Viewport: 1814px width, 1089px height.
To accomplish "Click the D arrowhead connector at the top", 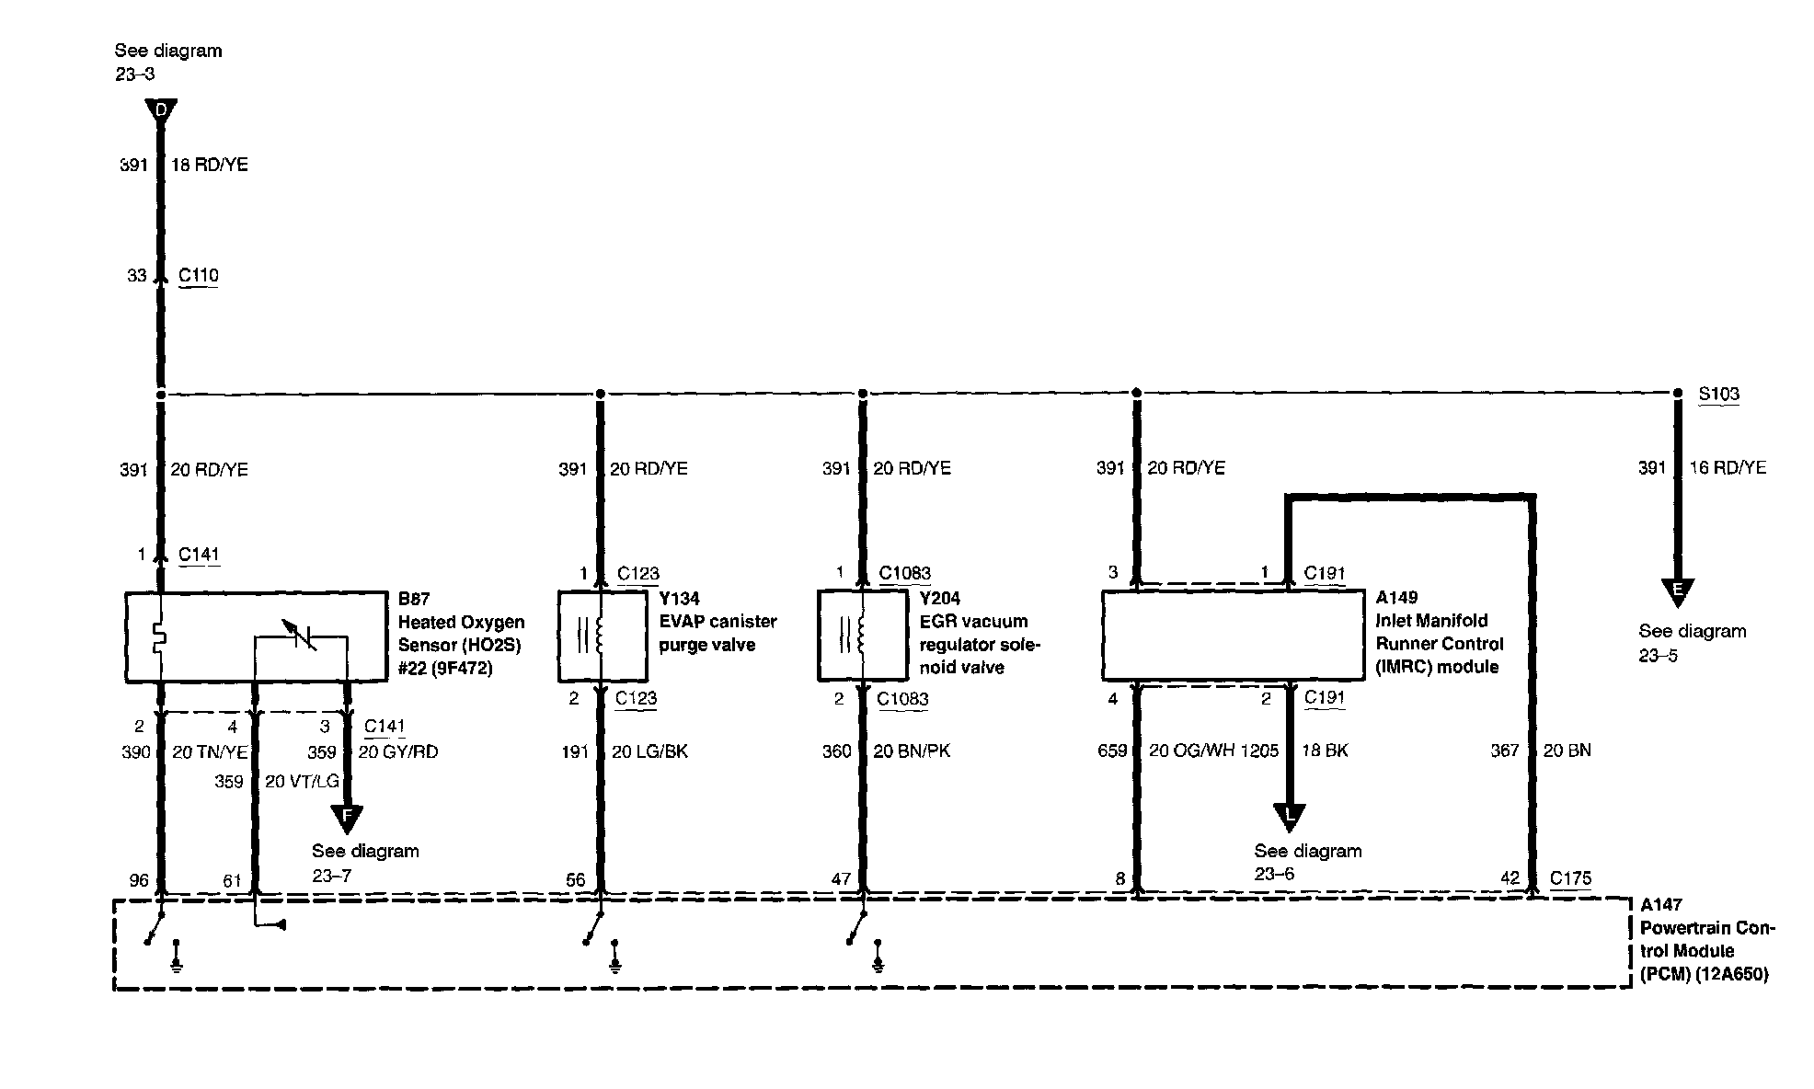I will pyautogui.click(x=161, y=111).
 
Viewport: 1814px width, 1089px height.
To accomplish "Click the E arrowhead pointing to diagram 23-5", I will pyautogui.click(x=1677, y=590).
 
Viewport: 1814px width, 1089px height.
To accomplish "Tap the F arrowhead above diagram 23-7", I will pyautogui.click(x=347, y=816).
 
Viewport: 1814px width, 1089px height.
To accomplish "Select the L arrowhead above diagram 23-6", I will pyautogui.click(x=1289, y=816).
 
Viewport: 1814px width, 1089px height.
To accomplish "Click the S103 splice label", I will pyautogui.click(x=1718, y=395).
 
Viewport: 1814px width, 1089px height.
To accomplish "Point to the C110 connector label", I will pyautogui.click(x=199, y=275).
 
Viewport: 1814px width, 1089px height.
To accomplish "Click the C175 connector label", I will pyautogui.click(x=1570, y=877).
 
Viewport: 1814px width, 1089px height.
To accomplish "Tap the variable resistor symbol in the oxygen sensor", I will pyautogui.click(x=301, y=636).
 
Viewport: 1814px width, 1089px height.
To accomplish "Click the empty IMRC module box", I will pyautogui.click(x=1232, y=636).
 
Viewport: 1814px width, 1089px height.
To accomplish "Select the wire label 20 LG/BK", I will pyautogui.click(x=649, y=751).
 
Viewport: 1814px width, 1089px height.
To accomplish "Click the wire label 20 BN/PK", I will pyautogui.click(x=912, y=751).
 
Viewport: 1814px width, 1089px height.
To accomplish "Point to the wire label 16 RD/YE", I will pyautogui.click(x=1728, y=468).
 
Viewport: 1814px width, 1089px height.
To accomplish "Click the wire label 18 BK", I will pyautogui.click(x=1325, y=751).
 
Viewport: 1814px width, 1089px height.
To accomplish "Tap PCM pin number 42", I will pyautogui.click(x=1510, y=878).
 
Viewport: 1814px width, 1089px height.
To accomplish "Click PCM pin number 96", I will pyautogui.click(x=139, y=880).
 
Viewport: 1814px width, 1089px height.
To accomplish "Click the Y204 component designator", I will pyautogui.click(x=939, y=598).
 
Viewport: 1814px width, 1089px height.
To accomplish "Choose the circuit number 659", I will pyautogui.click(x=1111, y=751).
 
